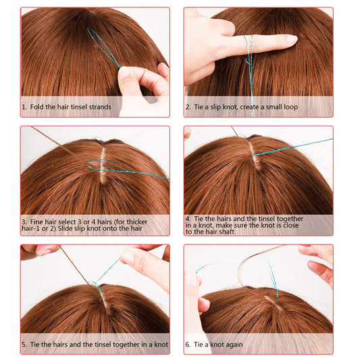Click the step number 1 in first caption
pos(24,107)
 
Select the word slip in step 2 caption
pos(217,107)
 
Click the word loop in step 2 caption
pos(288,107)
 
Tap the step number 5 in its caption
pos(24,344)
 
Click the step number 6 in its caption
pos(188,344)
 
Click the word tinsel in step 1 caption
pos(81,107)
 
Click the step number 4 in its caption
pos(188,219)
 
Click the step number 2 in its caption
pos(188,107)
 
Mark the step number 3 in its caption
pos(24,222)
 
